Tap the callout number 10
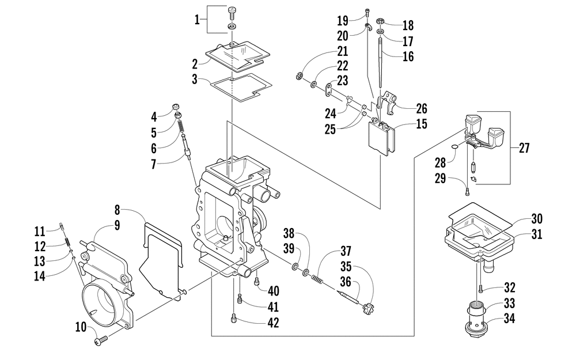click(x=81, y=327)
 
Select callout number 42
click(x=273, y=323)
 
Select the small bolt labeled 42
click(x=234, y=318)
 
